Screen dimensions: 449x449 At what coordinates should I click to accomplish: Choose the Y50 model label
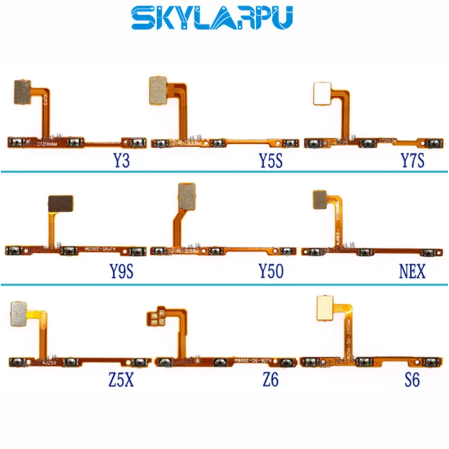point(271,273)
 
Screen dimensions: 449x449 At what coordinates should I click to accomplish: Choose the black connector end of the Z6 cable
point(157,317)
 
